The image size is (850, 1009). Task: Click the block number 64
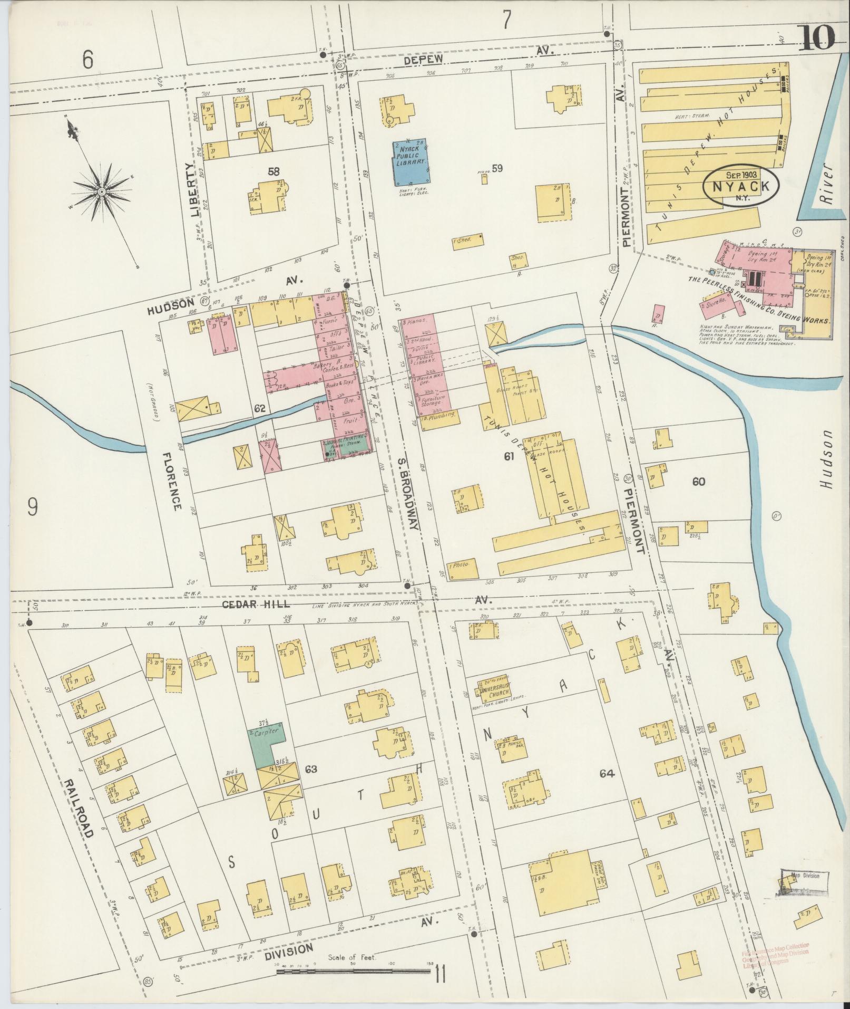pyautogui.click(x=607, y=773)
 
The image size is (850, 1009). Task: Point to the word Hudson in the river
pyautogui.click(x=825, y=459)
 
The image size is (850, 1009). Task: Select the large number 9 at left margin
pyautogui.click(x=33, y=507)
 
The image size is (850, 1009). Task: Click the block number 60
pyautogui.click(x=699, y=482)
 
